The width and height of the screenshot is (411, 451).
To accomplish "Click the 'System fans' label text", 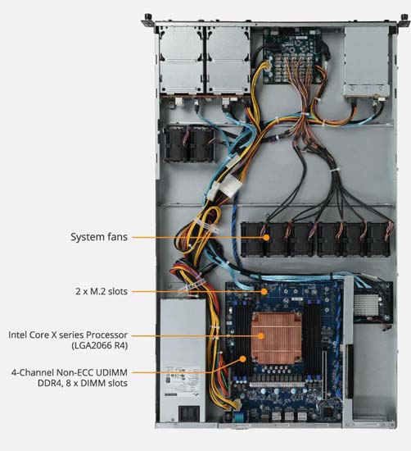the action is (x=99, y=237).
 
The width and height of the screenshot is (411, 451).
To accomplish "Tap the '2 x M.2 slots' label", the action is (x=102, y=291).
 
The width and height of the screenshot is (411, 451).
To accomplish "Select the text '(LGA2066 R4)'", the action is (x=99, y=345).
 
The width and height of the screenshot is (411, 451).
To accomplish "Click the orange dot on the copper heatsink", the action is (x=261, y=335).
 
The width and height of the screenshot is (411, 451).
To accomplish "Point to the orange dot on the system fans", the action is (x=266, y=237).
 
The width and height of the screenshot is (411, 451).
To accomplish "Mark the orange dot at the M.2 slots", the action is (x=264, y=291).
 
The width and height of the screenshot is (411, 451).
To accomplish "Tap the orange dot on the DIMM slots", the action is (x=242, y=358).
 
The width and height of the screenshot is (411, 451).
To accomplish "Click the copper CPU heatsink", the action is (x=276, y=339).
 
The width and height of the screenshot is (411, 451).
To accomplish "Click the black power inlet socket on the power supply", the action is (x=189, y=413).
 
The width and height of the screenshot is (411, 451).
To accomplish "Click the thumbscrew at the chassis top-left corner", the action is (x=148, y=18).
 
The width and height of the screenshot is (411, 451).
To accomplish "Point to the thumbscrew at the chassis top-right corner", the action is (x=404, y=18).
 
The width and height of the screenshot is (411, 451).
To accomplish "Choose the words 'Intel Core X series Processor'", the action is (x=68, y=335).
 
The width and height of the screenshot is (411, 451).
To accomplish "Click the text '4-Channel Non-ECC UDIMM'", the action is (x=70, y=372).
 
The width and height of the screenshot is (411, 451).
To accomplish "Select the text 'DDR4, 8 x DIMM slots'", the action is (x=83, y=383).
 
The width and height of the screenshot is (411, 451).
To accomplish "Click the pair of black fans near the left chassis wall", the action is (x=188, y=143).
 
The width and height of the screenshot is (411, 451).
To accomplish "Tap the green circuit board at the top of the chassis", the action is (x=292, y=56).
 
